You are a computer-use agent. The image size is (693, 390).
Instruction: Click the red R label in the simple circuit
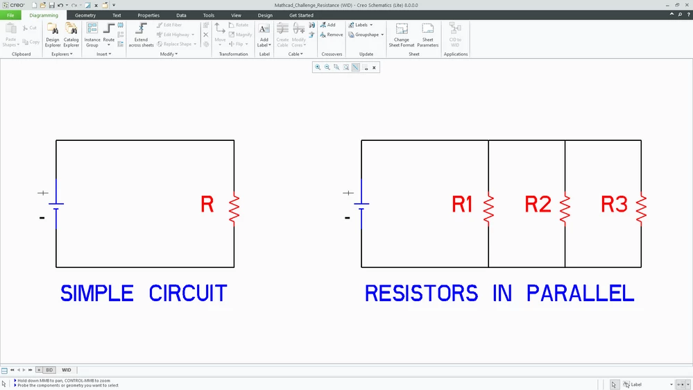(x=207, y=204)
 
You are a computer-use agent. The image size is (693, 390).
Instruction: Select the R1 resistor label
(x=462, y=204)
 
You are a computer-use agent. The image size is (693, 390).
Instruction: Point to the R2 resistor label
(x=538, y=204)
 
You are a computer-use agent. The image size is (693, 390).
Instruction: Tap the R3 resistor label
(x=614, y=204)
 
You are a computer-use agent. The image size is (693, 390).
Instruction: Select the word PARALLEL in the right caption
(x=581, y=294)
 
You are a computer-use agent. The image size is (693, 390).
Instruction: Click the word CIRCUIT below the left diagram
(x=188, y=294)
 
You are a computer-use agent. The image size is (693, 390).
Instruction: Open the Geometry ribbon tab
(x=85, y=15)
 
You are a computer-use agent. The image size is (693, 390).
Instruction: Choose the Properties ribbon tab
(x=148, y=15)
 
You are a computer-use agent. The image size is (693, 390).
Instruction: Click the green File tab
(x=10, y=15)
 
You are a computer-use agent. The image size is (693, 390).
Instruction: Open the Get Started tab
(x=301, y=15)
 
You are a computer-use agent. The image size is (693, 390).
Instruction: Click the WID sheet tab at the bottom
(x=67, y=370)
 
